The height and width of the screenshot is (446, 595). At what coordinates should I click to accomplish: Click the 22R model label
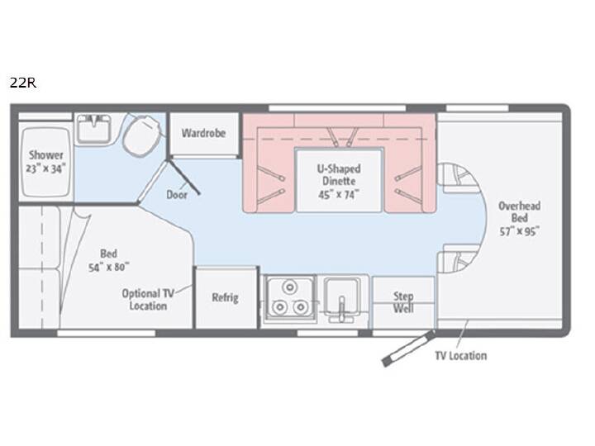pos(23,83)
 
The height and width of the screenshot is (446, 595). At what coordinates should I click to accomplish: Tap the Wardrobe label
pos(203,133)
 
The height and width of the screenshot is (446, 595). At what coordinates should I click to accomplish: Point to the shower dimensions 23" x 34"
pos(46,168)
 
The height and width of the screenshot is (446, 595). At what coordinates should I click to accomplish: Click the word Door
pos(177,195)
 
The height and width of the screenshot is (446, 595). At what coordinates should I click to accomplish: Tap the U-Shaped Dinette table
pos(339,181)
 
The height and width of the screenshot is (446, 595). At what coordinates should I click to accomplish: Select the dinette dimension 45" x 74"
pos(339,195)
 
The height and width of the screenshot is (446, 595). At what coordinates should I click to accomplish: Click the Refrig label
pos(225,297)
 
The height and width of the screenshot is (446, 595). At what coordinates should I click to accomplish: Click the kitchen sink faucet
pos(341,308)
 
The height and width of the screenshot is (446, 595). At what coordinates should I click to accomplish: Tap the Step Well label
pos(403,302)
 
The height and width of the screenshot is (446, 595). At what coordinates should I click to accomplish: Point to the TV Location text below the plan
pos(460,356)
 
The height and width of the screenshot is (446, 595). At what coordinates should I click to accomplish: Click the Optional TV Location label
pos(148,300)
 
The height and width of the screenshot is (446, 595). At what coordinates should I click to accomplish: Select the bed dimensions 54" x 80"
pos(109,268)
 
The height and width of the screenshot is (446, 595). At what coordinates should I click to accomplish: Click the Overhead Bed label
pos(519,212)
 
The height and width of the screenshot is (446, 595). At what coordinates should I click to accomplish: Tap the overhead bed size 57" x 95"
pos(519,231)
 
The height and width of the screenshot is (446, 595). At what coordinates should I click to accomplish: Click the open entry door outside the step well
pos(409,349)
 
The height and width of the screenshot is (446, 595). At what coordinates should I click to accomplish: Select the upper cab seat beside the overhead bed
pos(456,178)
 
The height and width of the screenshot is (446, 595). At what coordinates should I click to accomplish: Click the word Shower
pos(46,154)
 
